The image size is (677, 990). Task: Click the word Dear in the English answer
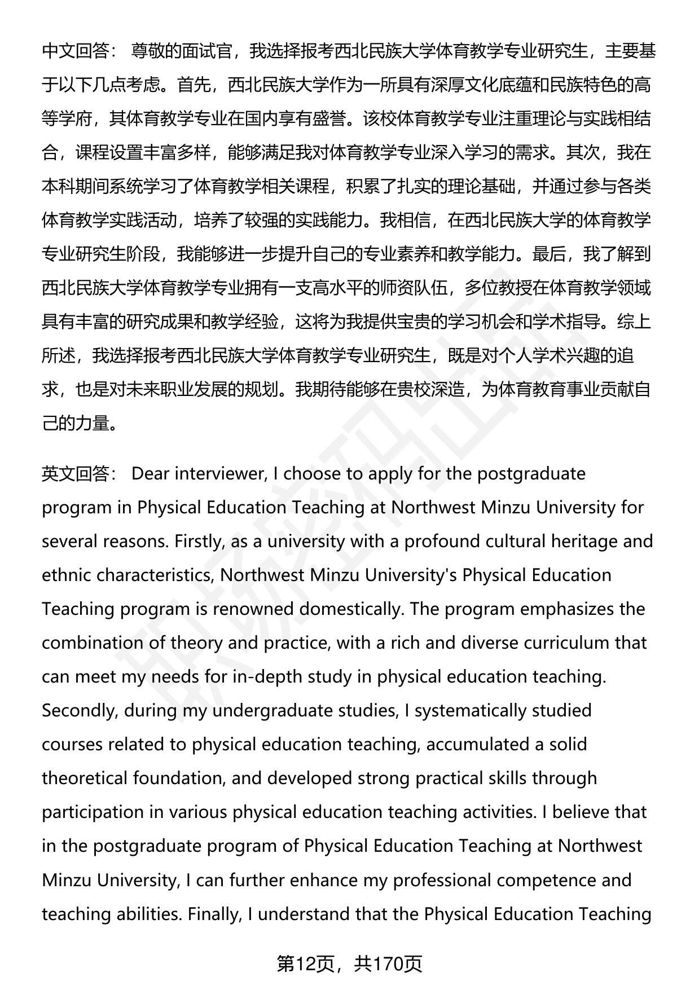coord(150,473)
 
